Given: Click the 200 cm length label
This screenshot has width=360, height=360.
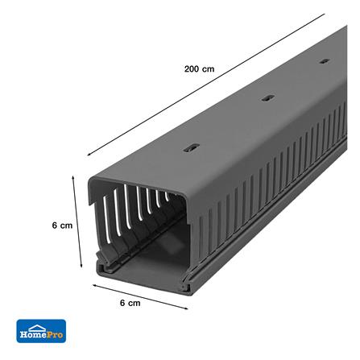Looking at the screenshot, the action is [199, 69].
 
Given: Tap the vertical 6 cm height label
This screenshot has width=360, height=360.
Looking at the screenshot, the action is [62, 226].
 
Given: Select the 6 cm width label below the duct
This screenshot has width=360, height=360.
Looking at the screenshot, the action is [130, 303].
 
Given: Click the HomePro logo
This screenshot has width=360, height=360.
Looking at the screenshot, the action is [41, 331].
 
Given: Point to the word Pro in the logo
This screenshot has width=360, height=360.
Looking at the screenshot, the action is [56, 334].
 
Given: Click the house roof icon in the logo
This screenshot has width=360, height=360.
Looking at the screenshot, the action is [38, 328].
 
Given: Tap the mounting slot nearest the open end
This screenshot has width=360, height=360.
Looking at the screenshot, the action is [192, 147].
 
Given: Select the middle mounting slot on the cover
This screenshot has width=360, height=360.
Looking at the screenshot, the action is [268, 98].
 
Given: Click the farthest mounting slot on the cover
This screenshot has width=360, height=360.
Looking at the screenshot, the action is [325, 61].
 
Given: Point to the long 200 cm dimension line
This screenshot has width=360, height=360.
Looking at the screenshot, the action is [206, 85].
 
